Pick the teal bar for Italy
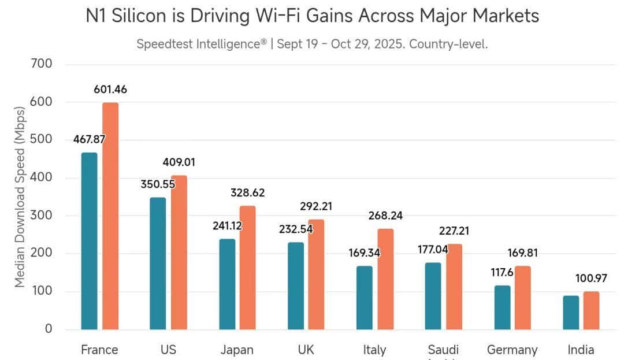point(365,298)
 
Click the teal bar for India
point(571,313)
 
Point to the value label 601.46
point(110,90)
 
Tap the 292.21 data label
point(316,206)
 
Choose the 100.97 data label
point(591,279)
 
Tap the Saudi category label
point(443,350)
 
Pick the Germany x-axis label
point(512,350)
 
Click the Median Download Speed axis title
point(20,196)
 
